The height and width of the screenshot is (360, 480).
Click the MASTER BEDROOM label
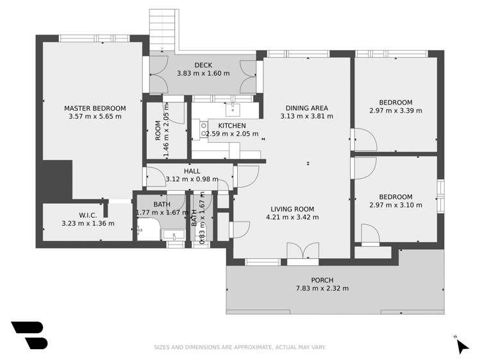click(x=95, y=108)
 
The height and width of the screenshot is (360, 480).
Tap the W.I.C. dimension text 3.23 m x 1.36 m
click(x=88, y=224)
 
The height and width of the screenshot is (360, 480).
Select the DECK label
click(x=203, y=65)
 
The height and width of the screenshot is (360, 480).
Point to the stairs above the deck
click(x=161, y=29)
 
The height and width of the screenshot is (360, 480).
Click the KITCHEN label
click(x=231, y=126)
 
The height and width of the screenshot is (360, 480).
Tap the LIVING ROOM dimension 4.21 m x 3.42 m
click(x=292, y=217)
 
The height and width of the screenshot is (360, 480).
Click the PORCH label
click(x=322, y=280)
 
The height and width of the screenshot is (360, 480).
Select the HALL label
click(x=192, y=171)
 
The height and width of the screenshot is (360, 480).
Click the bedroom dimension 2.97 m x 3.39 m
click(x=395, y=111)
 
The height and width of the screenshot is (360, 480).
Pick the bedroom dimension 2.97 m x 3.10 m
click(x=395, y=205)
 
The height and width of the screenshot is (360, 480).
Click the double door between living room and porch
click(x=302, y=253)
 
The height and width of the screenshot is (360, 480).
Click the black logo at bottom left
click(x=29, y=335)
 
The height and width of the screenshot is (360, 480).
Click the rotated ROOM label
click(x=158, y=131)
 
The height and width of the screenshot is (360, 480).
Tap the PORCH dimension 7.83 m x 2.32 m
click(x=322, y=288)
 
